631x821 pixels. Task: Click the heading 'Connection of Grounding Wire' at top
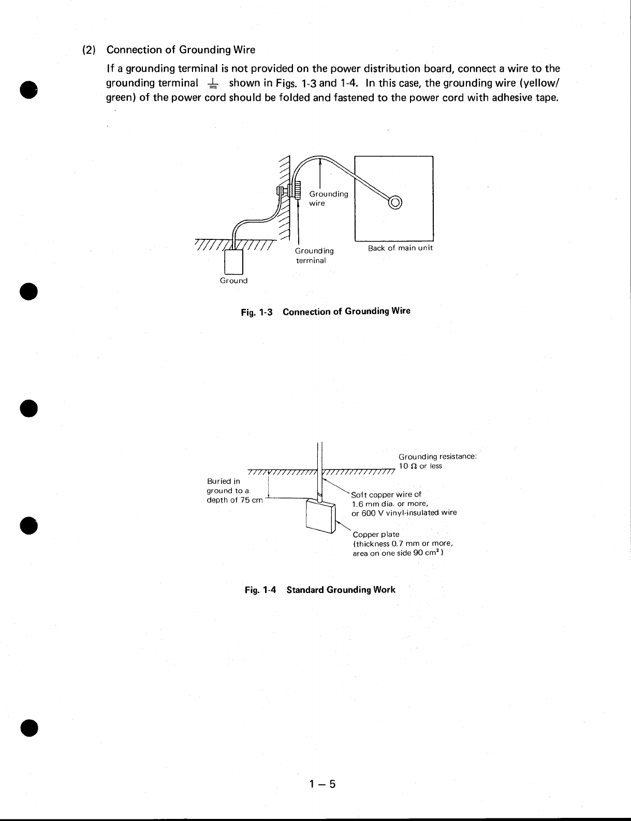[x=181, y=50]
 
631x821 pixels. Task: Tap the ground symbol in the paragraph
[x=213, y=83]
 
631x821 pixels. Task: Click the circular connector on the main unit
[x=394, y=202]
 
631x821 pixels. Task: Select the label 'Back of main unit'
[x=400, y=248]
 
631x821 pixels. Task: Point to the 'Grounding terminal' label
[x=314, y=255]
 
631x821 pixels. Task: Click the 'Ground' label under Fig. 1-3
[x=234, y=281]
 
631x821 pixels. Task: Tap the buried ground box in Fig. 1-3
[x=234, y=262]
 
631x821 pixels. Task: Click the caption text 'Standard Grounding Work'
[x=341, y=589]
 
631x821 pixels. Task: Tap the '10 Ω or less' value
[x=420, y=466]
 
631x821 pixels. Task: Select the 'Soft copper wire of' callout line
[x=386, y=494]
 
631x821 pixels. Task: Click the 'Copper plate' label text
[x=376, y=534]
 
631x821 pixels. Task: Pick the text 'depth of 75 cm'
[x=235, y=499]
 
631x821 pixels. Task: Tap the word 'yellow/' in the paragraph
[x=543, y=83]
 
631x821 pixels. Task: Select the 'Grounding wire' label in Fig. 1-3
[x=328, y=199]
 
